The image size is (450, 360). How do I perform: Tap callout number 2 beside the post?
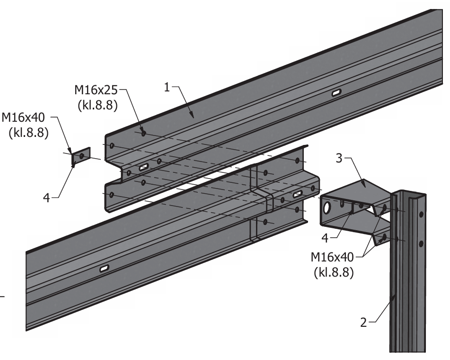[363, 323]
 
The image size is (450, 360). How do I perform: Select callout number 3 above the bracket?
[339, 159]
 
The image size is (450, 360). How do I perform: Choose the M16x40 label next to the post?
[333, 258]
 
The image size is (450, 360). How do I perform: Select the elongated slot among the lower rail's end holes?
[298, 194]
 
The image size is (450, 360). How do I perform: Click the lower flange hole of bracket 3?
[384, 236]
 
